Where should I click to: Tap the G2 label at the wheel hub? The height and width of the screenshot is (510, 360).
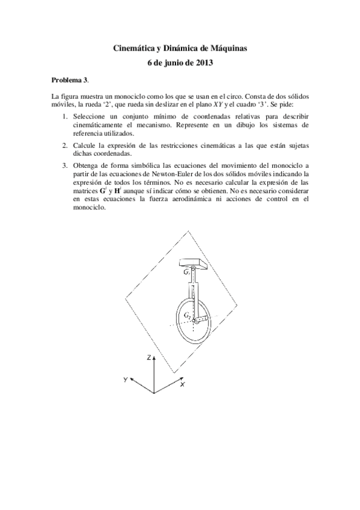tap(188, 316)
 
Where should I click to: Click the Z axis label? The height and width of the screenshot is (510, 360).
tap(148, 357)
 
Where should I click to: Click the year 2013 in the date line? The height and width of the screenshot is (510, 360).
tap(204, 62)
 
